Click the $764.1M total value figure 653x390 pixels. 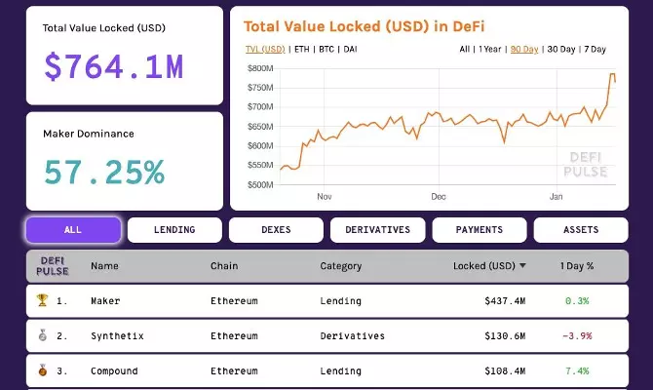click(x=114, y=66)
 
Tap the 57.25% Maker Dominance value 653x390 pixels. click(x=104, y=172)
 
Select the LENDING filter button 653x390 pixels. click(x=174, y=230)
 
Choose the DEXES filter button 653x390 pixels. click(x=276, y=230)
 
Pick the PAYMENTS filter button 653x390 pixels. click(x=479, y=230)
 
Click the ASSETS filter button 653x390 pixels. click(x=581, y=230)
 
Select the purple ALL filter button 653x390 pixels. click(x=73, y=230)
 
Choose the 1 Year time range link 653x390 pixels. click(x=490, y=49)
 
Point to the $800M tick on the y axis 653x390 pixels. click(x=261, y=68)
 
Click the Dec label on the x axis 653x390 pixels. click(x=438, y=195)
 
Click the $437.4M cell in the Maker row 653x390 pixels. click(x=505, y=301)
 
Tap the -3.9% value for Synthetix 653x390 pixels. click(x=577, y=336)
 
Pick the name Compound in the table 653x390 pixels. click(x=114, y=371)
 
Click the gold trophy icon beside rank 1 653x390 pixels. click(x=41, y=301)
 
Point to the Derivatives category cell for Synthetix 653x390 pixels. click(x=352, y=336)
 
